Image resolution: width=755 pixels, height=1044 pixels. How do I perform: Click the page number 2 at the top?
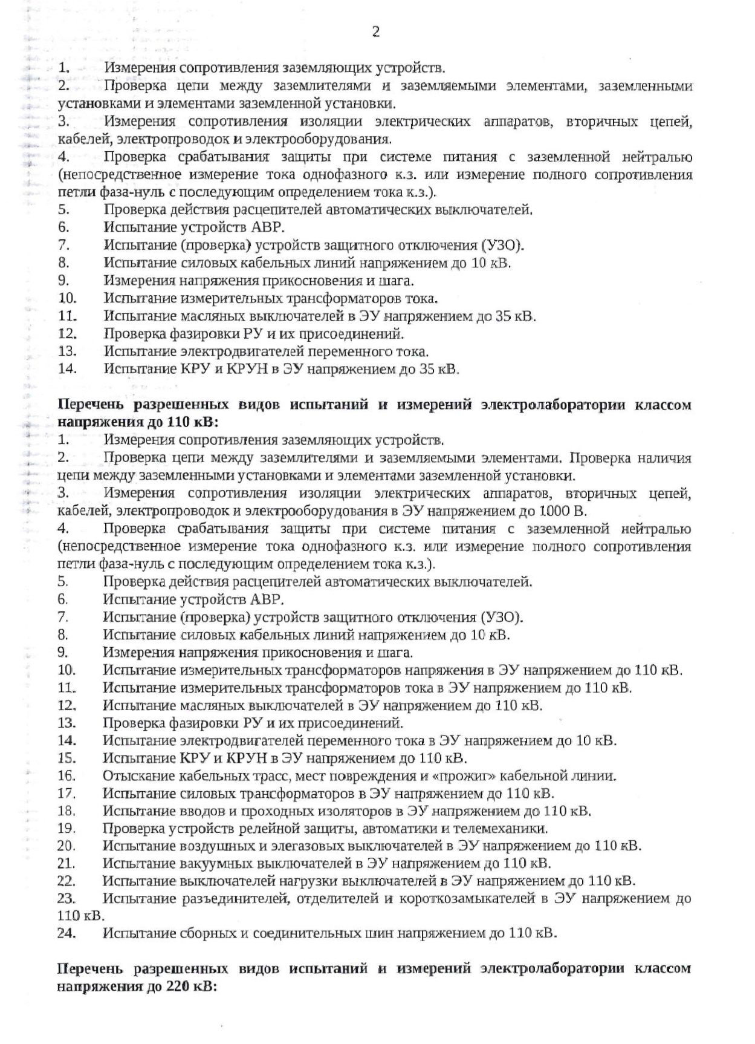pyautogui.click(x=375, y=31)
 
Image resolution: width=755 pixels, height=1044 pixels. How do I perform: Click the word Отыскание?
pyautogui.click(x=133, y=775)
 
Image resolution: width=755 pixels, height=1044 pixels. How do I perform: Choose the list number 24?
pyautogui.click(x=66, y=933)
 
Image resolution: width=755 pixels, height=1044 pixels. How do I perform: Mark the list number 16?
pyautogui.click(x=66, y=775)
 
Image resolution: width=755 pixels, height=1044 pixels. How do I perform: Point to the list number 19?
pyautogui.click(x=66, y=828)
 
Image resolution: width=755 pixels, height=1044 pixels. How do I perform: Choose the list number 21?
pyautogui.click(x=66, y=863)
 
